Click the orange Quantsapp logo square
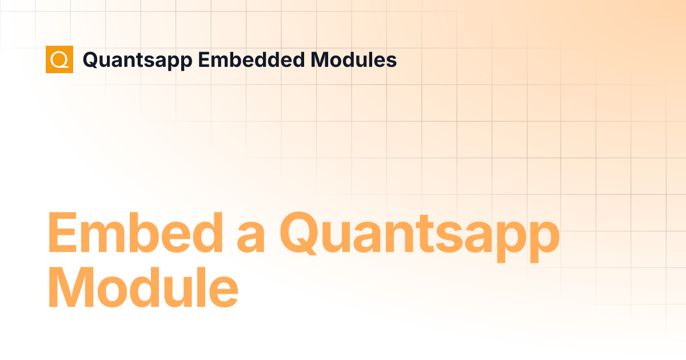coord(59,59)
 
